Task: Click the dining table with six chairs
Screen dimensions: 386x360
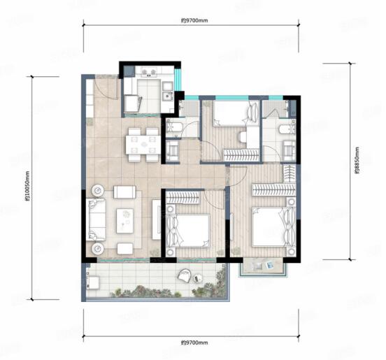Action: coord(143,145)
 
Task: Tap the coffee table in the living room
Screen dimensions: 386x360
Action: coord(125,221)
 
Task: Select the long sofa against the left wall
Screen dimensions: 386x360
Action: coord(96,219)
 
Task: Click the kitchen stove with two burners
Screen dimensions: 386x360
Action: coord(148,72)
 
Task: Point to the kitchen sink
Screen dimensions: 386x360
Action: coord(168,95)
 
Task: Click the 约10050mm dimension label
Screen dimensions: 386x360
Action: coord(27,186)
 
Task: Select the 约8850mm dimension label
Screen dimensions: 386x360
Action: coord(357,160)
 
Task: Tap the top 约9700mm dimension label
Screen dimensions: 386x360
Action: coord(194,21)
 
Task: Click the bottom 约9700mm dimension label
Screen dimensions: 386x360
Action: coord(194,343)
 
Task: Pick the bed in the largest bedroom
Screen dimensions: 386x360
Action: coord(273,226)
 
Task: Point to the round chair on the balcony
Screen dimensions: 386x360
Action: coord(184,275)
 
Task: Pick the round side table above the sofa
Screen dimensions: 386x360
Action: coord(98,190)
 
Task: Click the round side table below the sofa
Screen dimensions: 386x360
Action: coord(98,249)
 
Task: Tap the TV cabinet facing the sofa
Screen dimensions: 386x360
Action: coord(157,219)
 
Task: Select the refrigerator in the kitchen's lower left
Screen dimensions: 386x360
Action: coord(133,103)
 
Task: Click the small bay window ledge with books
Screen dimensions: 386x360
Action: coord(263,266)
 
